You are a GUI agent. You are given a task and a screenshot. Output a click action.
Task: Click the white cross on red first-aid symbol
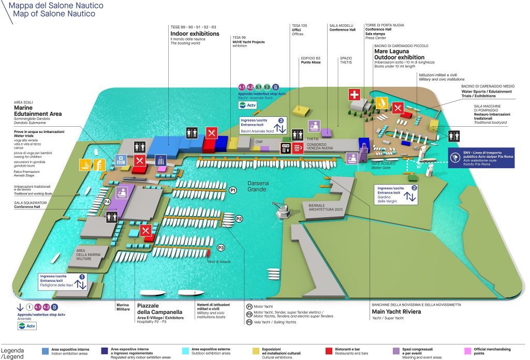click(354, 95)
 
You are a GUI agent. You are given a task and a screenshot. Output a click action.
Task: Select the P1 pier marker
click(233, 190)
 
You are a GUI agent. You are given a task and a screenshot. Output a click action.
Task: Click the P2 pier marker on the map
click(239, 219)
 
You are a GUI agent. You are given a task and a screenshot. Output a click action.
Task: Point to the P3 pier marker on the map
click(221, 248)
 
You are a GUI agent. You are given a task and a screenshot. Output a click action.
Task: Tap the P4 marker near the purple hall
click(107, 201)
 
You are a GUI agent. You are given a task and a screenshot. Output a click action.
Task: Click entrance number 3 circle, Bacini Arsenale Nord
click(281, 121)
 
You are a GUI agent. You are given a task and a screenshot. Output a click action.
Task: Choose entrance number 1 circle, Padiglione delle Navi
click(81, 277)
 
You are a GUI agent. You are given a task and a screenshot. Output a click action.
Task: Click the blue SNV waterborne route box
click(480, 157)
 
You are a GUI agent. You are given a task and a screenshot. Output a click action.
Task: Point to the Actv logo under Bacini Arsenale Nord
click(247, 105)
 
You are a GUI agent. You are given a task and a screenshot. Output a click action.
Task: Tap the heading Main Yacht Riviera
click(396, 311)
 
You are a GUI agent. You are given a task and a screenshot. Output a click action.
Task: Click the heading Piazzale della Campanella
click(159, 308)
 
